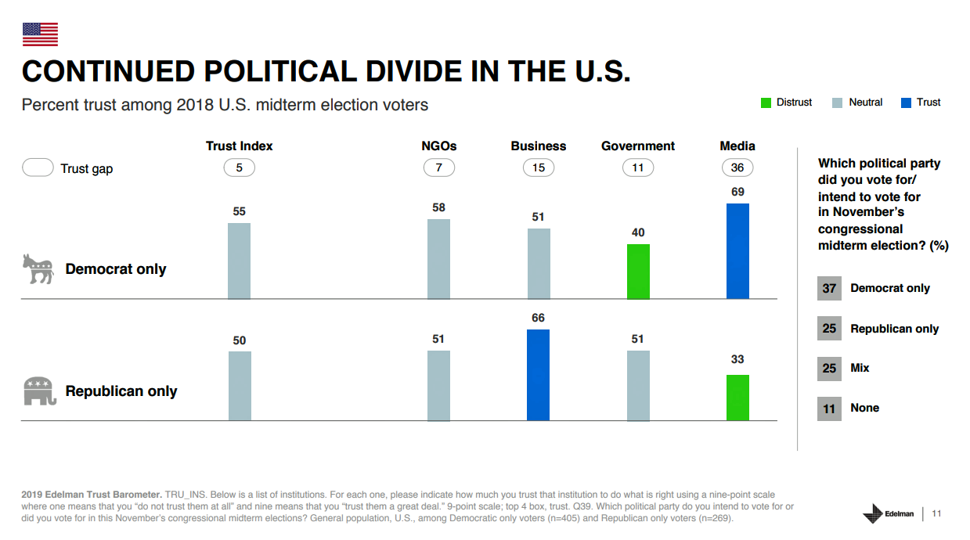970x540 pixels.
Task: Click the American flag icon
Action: click(40, 34)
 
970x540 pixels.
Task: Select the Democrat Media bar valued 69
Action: click(737, 251)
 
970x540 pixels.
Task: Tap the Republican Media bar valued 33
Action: click(737, 398)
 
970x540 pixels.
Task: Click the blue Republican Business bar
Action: click(538, 375)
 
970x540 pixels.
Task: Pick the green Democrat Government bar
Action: click(638, 272)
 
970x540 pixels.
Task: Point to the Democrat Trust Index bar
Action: click(239, 261)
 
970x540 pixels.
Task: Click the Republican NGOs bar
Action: click(438, 386)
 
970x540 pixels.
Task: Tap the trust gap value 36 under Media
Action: click(737, 167)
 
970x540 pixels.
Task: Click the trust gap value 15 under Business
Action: click(538, 167)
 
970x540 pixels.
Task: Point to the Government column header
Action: click(637, 146)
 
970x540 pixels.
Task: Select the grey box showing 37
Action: click(829, 288)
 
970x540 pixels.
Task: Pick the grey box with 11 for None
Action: click(829, 409)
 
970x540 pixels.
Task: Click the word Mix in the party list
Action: click(860, 368)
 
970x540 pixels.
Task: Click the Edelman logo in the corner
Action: click(888, 513)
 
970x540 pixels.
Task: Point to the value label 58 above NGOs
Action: click(438, 207)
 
